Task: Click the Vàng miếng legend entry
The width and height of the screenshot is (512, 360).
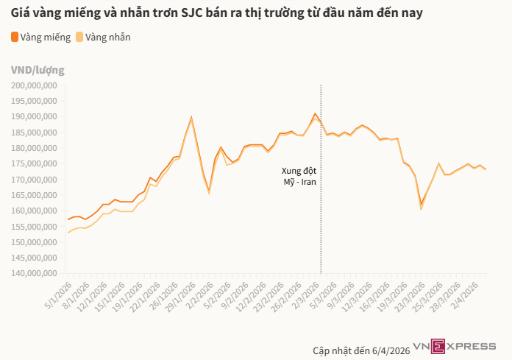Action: tap(46, 37)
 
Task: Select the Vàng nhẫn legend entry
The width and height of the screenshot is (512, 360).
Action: tap(107, 37)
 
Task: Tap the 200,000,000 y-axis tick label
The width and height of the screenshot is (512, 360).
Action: tap(35, 85)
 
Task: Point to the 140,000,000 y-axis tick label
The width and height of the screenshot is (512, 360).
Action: tap(35, 273)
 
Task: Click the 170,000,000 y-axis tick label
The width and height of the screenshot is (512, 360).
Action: tap(35, 179)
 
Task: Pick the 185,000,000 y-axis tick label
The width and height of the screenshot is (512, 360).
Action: tap(35, 132)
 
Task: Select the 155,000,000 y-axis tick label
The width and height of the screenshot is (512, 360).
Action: tap(35, 226)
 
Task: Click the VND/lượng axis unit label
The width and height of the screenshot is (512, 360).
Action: tap(38, 70)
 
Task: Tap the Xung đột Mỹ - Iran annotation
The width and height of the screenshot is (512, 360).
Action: tap(299, 177)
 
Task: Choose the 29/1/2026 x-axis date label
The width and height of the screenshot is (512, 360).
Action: tap(179, 294)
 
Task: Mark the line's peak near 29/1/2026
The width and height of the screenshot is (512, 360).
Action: tap(191, 117)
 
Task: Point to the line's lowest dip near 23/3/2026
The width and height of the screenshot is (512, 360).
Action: tap(422, 205)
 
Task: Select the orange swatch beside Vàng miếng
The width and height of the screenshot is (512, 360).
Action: tap(15, 37)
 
